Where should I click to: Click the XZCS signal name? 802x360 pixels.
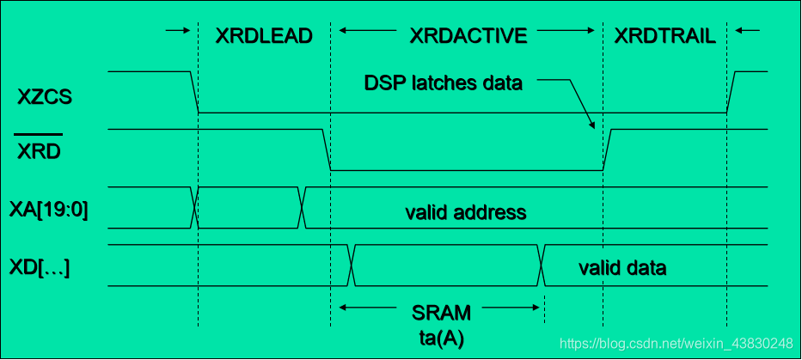(45, 97)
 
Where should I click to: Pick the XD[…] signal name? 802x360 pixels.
(40, 268)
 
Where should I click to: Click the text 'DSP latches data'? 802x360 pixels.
(444, 83)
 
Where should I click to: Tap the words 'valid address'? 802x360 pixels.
(465, 211)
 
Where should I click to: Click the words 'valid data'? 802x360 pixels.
(622, 268)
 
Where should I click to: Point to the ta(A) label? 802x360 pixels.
(442, 338)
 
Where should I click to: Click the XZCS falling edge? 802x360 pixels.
(194, 92)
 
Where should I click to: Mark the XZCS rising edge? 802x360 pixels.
(732, 92)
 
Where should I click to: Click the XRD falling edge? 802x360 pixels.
(327, 150)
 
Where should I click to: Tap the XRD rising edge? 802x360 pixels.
(606, 150)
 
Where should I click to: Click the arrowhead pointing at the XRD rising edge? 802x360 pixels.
(591, 126)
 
